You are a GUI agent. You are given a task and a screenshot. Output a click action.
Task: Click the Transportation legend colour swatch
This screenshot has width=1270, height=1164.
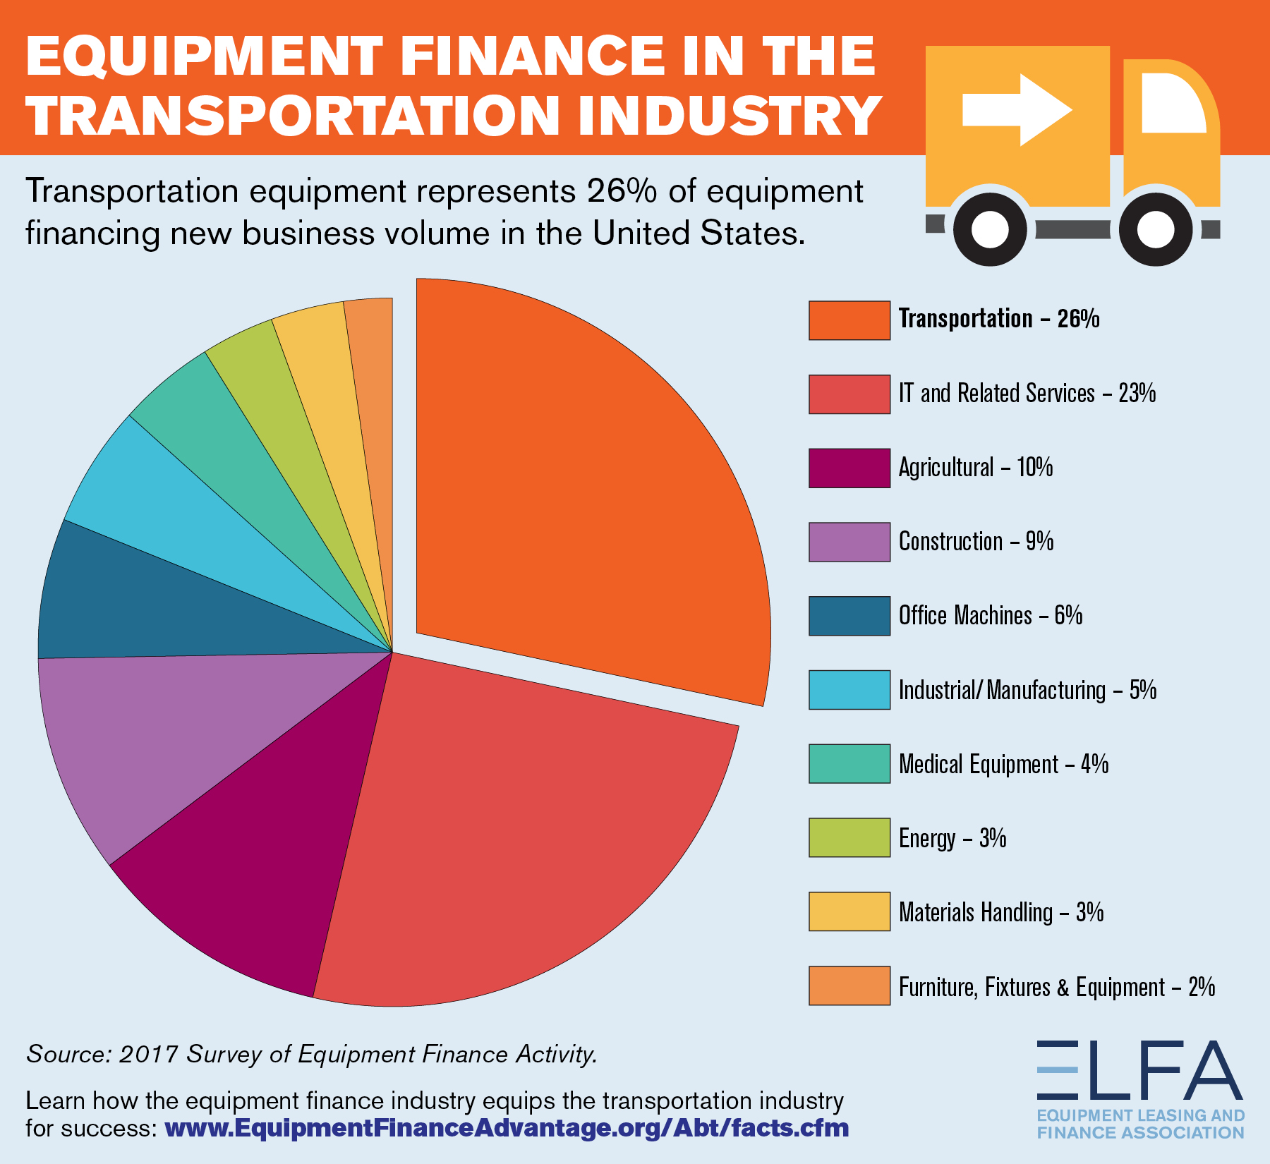(849, 320)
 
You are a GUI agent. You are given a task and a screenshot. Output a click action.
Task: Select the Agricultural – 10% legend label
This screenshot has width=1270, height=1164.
(976, 467)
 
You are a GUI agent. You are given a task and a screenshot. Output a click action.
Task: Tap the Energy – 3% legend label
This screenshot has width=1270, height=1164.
(953, 838)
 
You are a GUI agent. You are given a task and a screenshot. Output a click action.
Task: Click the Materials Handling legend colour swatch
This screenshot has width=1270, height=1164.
(849, 911)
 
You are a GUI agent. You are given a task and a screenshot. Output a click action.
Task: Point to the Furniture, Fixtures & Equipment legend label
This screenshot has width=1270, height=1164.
(1057, 987)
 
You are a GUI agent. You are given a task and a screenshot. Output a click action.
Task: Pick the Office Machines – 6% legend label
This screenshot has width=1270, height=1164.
(991, 615)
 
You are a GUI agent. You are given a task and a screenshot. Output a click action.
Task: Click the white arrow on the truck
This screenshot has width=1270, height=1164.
(1017, 110)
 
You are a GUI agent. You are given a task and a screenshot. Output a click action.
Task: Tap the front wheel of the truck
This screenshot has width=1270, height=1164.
(1156, 229)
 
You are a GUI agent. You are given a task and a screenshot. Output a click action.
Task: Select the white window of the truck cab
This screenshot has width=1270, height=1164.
(1173, 103)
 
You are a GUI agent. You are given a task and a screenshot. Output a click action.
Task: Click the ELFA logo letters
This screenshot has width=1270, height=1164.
(1140, 1070)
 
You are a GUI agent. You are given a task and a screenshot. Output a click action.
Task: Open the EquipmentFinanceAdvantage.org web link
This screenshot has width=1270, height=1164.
(507, 1128)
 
